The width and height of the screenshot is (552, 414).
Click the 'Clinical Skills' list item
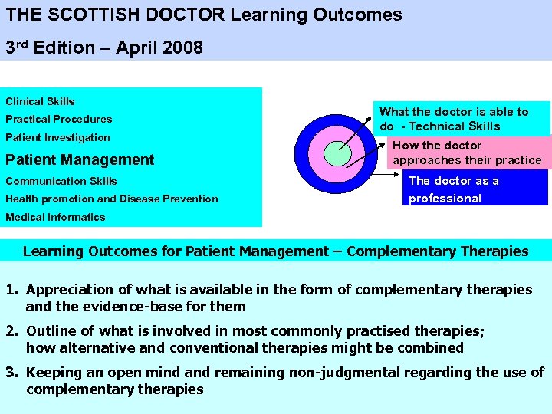coord(40,101)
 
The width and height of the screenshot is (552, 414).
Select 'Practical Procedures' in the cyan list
coord(59,119)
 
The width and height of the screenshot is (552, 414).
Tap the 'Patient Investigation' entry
coord(58,137)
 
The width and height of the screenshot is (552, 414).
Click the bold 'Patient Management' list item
coord(80,159)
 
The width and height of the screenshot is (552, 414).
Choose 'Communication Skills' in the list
coord(61,181)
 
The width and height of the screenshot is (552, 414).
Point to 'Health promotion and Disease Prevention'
coord(112,199)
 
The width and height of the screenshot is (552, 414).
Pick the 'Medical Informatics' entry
coord(55,217)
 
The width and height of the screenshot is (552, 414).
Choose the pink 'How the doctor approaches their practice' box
coord(467,153)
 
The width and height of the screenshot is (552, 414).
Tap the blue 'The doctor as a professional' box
coord(476,189)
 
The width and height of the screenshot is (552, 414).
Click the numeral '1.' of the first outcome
coord(13,290)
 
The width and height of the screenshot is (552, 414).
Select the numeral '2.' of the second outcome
coord(13,331)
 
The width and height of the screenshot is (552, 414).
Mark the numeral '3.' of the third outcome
coord(13,373)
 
